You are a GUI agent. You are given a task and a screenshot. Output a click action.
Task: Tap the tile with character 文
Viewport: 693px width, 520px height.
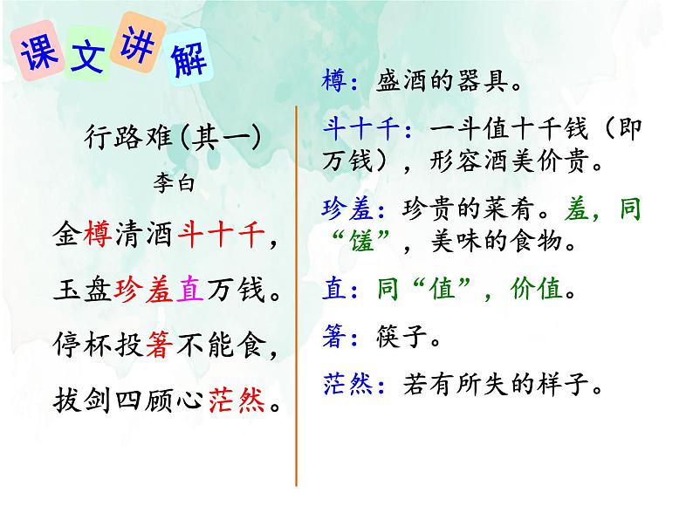(x=87, y=58)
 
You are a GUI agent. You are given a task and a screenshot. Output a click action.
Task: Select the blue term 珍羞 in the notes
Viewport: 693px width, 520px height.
(x=350, y=209)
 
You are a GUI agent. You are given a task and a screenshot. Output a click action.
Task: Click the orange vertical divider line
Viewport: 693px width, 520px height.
(x=297, y=297)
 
